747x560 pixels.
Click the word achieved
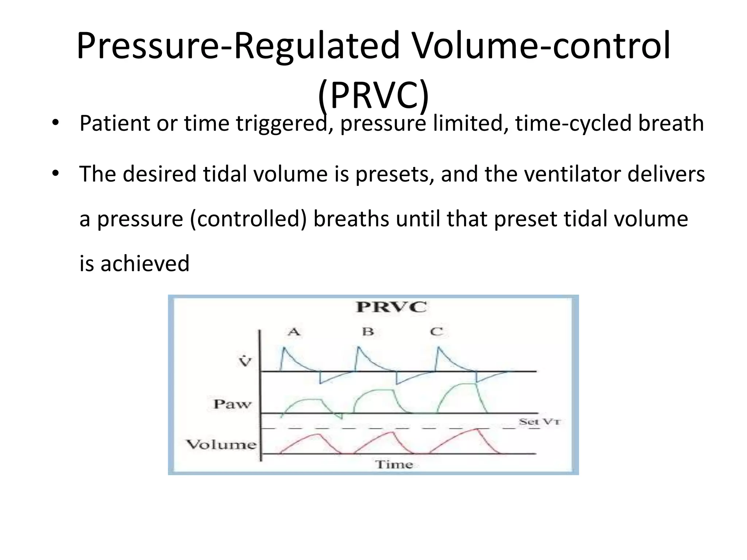click(145, 264)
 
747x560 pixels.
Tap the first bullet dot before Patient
click(55, 122)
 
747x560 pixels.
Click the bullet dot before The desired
click(55, 173)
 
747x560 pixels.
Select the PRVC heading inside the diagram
click(391, 307)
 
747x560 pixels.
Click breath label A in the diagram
click(294, 332)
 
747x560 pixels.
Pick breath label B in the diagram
click(368, 332)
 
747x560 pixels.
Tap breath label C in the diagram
click(436, 332)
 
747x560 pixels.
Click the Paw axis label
click(232, 404)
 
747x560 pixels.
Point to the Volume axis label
click(221, 444)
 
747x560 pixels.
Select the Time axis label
click(394, 464)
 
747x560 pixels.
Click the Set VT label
click(539, 422)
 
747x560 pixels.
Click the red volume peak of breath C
click(477, 429)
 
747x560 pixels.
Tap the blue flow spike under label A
click(284, 348)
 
